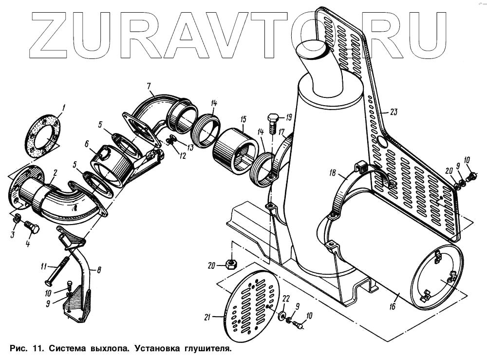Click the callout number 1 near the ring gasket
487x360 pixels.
point(63,106)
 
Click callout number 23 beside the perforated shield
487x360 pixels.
point(393,112)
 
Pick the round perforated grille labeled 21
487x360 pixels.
point(251,306)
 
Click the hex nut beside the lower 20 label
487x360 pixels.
point(232,265)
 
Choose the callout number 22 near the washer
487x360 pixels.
point(286,298)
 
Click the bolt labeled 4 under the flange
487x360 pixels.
point(30,227)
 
